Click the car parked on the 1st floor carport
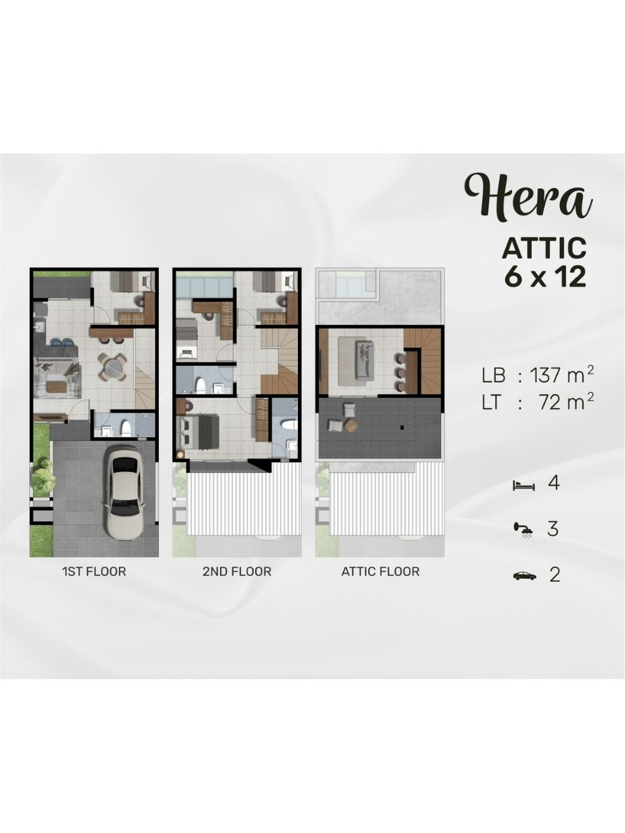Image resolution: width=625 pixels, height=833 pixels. [125, 492]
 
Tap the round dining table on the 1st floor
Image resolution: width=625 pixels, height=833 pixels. [112, 367]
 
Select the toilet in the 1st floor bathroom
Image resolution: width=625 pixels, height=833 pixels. [126, 428]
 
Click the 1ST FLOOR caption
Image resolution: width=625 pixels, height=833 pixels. [94, 571]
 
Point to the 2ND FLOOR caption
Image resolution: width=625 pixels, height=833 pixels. [237, 571]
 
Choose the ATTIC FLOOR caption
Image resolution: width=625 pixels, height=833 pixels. [381, 571]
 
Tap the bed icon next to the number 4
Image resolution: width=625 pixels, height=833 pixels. [524, 486]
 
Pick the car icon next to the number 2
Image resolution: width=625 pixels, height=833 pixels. [524, 575]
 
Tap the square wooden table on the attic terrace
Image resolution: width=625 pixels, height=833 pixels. [351, 426]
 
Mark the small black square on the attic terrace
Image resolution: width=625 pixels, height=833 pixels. [402, 428]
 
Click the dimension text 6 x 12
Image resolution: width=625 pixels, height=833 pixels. [545, 278]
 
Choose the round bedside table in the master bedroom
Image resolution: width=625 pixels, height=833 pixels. [181, 454]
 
